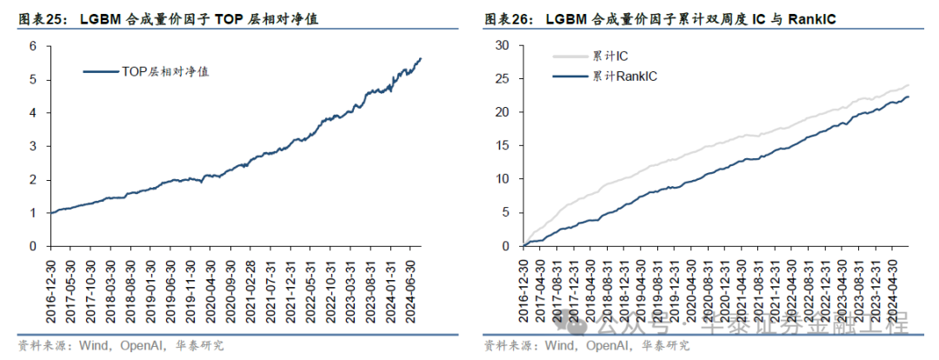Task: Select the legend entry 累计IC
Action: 612,57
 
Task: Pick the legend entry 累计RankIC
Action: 624,77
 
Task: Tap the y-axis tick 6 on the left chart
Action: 32,45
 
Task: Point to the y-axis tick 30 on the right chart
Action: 501,45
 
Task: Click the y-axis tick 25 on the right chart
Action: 501,78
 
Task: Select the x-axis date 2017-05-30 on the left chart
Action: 70,289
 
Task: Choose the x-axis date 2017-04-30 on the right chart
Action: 541,289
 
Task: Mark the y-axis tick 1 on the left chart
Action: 32,212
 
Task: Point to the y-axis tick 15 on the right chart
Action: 501,145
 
